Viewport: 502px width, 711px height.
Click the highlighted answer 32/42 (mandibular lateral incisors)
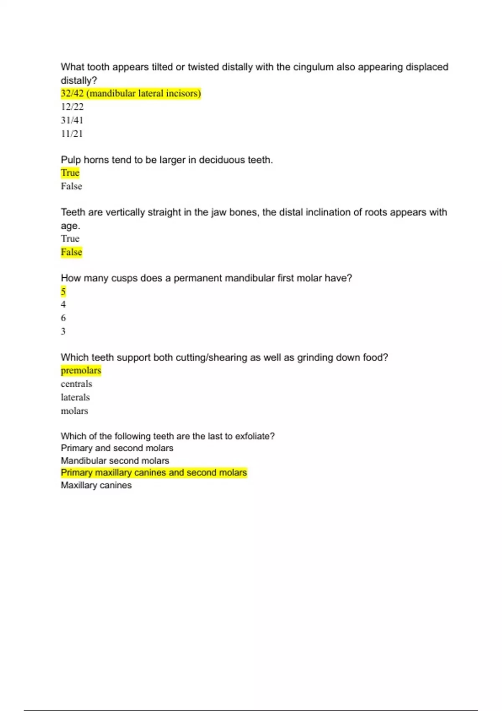click(x=131, y=93)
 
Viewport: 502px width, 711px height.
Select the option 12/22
click(x=72, y=107)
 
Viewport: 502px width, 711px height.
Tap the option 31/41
click(x=72, y=120)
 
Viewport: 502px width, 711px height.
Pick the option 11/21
click(x=72, y=134)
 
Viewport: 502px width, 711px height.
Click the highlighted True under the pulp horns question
click(x=70, y=173)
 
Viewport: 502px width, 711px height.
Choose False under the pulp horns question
click(x=71, y=186)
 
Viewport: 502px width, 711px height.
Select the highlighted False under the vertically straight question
click(x=71, y=252)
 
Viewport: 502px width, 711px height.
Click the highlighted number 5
click(x=63, y=291)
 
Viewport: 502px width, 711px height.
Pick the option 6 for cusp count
click(x=63, y=318)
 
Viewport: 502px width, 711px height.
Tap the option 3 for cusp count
click(x=63, y=331)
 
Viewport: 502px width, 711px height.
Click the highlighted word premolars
click(x=81, y=371)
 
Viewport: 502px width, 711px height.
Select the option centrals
click(x=76, y=384)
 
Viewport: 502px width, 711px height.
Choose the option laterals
click(x=75, y=397)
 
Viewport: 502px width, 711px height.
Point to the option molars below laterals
click(x=74, y=411)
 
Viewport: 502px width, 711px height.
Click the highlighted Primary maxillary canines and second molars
click(x=154, y=473)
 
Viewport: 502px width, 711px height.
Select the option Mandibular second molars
click(x=115, y=460)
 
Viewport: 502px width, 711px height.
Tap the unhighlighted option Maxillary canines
click(x=96, y=485)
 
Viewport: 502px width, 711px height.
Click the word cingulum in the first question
click(x=313, y=67)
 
